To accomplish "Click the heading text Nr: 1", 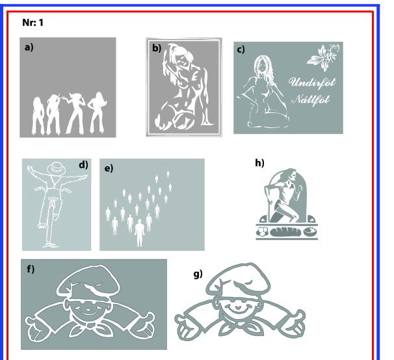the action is pos(33,23).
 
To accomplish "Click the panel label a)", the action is pos(29,47).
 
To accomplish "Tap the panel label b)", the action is pos(157,48).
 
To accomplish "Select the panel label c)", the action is pos(241,49).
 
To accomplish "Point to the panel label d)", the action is pos(83,165).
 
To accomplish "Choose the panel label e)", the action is pos(109,168).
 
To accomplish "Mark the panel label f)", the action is pos(31,269).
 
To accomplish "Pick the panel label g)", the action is pos(198,274).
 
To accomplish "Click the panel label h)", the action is pos(259,163).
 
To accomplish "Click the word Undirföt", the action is pos(312,83).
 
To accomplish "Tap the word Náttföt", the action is pos(311,99).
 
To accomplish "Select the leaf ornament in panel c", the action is pos(323,57).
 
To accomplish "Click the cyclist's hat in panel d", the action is pos(57,168).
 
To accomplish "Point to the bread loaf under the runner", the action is pos(285,231).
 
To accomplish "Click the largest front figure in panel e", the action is pos(139,233).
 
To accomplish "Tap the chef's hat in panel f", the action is pos(88,279).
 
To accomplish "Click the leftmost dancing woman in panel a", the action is pos(38,116).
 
